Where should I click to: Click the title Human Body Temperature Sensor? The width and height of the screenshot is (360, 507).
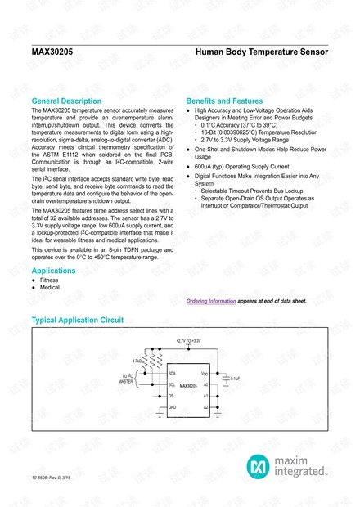(262, 51)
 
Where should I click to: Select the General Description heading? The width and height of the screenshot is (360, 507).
(71, 101)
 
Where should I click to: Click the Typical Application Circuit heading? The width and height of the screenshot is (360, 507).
(77, 319)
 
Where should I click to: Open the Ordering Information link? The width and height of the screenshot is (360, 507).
(211, 301)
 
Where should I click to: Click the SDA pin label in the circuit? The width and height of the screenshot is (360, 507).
(172, 373)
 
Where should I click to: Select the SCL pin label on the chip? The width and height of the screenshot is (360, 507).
(172, 384)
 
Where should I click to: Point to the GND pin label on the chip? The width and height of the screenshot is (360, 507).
(173, 406)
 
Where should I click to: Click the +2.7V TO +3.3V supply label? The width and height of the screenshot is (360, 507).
(188, 340)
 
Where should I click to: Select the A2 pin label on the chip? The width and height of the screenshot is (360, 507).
(205, 406)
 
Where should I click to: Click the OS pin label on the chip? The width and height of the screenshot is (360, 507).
(171, 395)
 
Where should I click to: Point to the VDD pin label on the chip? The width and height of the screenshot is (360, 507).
(205, 373)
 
